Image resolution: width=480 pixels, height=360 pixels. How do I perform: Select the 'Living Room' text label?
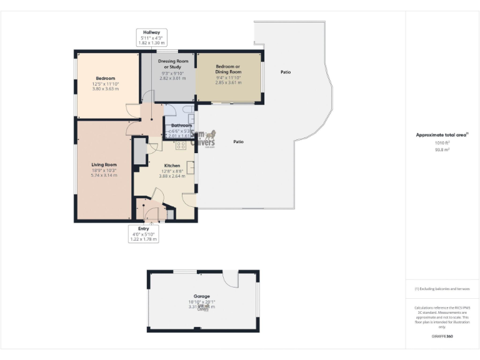pyautogui.click(x=104, y=166)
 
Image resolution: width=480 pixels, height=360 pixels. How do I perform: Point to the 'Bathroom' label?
pyautogui.click(x=181, y=126)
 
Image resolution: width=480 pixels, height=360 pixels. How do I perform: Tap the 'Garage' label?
pyautogui.click(x=201, y=296)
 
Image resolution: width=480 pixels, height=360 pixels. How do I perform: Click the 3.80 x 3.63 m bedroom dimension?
pyautogui.click(x=105, y=88)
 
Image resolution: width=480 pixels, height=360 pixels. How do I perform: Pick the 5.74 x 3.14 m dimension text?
pyautogui.click(x=104, y=176)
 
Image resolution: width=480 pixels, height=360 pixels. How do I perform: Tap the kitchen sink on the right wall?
pyautogui.click(x=191, y=167)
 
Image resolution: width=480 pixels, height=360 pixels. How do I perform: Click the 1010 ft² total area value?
pyautogui.click(x=442, y=142)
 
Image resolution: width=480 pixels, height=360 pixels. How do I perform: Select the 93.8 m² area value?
pyautogui.click(x=442, y=149)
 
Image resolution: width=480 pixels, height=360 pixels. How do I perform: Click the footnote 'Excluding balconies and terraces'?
pyautogui.click(x=442, y=289)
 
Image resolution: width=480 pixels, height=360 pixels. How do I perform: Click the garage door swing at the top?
pyautogui.click(x=231, y=279)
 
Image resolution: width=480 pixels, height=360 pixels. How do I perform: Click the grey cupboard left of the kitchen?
pyautogui.click(x=139, y=150)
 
